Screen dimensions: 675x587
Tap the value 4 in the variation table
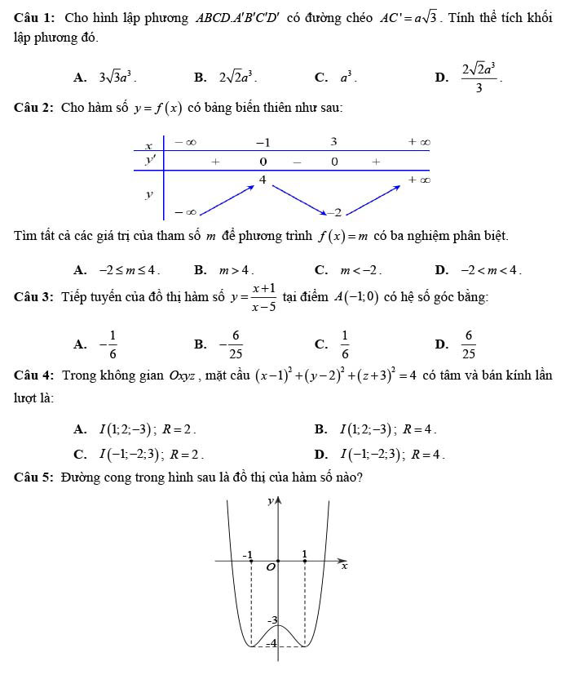tap(263, 179)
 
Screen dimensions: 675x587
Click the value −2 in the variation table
tap(334, 212)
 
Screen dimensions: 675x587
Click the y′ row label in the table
tap(149, 161)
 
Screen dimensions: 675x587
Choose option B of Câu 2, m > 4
tap(235, 269)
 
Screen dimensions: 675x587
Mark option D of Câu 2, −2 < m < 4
tap(489, 269)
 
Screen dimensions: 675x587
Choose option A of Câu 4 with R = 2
tap(147, 429)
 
